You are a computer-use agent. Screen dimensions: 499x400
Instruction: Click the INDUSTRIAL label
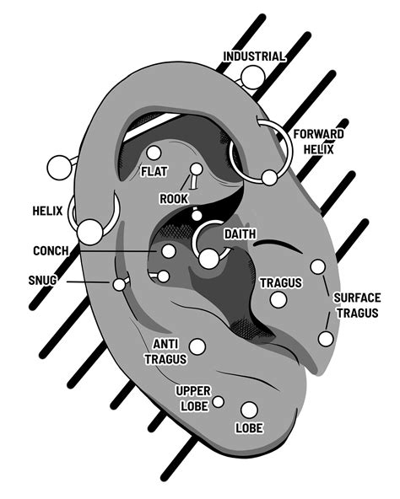(x=253, y=56)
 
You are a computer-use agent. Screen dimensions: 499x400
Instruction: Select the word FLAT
(x=154, y=172)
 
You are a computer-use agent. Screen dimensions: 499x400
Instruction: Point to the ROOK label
(x=174, y=199)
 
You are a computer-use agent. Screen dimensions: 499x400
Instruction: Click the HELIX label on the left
(x=46, y=211)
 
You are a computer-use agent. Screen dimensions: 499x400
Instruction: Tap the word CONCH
(x=51, y=251)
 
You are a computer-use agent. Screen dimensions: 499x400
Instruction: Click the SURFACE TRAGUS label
(x=357, y=305)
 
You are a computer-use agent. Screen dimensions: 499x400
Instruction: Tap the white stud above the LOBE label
(x=249, y=410)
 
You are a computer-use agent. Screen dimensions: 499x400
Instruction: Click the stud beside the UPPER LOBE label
(x=219, y=401)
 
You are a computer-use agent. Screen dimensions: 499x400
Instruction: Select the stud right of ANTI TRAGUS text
(x=197, y=346)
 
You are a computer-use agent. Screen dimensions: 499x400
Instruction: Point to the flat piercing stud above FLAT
(x=154, y=153)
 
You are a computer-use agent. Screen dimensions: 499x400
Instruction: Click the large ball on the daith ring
(x=208, y=258)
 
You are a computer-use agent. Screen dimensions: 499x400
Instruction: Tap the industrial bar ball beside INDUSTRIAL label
(x=251, y=78)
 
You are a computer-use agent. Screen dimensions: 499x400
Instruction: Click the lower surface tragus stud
(x=326, y=339)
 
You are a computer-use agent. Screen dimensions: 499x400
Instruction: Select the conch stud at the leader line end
(x=169, y=251)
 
